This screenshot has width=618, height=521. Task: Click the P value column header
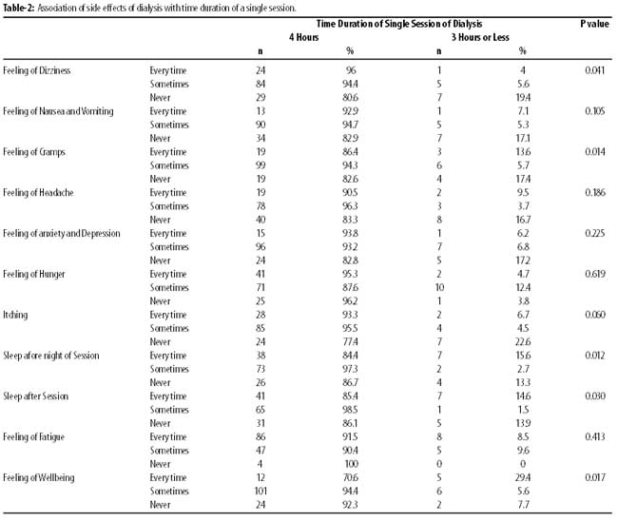tap(594, 24)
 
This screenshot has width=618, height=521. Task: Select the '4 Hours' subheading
tap(303, 37)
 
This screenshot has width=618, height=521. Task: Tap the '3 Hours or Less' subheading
tap(480, 37)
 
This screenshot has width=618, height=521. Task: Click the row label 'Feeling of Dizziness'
tap(37, 70)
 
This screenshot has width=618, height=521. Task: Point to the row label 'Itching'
tap(15, 315)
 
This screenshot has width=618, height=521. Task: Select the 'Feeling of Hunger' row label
tap(34, 275)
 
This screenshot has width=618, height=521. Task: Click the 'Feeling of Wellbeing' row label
tap(39, 477)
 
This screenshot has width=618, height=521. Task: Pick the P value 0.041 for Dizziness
tap(595, 70)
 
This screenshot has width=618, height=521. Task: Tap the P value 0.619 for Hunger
tap(595, 274)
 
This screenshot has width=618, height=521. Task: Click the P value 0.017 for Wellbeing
tap(595, 477)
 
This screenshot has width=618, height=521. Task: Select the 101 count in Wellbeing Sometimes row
tap(261, 491)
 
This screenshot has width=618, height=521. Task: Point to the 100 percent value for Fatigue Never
tap(351, 464)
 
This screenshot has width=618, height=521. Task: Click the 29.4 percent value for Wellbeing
tap(523, 477)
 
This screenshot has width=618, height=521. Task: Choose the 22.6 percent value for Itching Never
tap(523, 341)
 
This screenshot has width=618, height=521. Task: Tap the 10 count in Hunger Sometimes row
tap(439, 288)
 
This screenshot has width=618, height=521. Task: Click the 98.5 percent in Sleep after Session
tap(351, 410)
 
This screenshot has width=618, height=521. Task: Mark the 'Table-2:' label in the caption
tap(19, 8)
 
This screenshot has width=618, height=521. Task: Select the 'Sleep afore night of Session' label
tap(51, 356)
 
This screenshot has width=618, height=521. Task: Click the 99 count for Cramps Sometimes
tap(261, 165)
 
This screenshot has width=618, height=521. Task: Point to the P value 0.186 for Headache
tap(595, 193)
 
